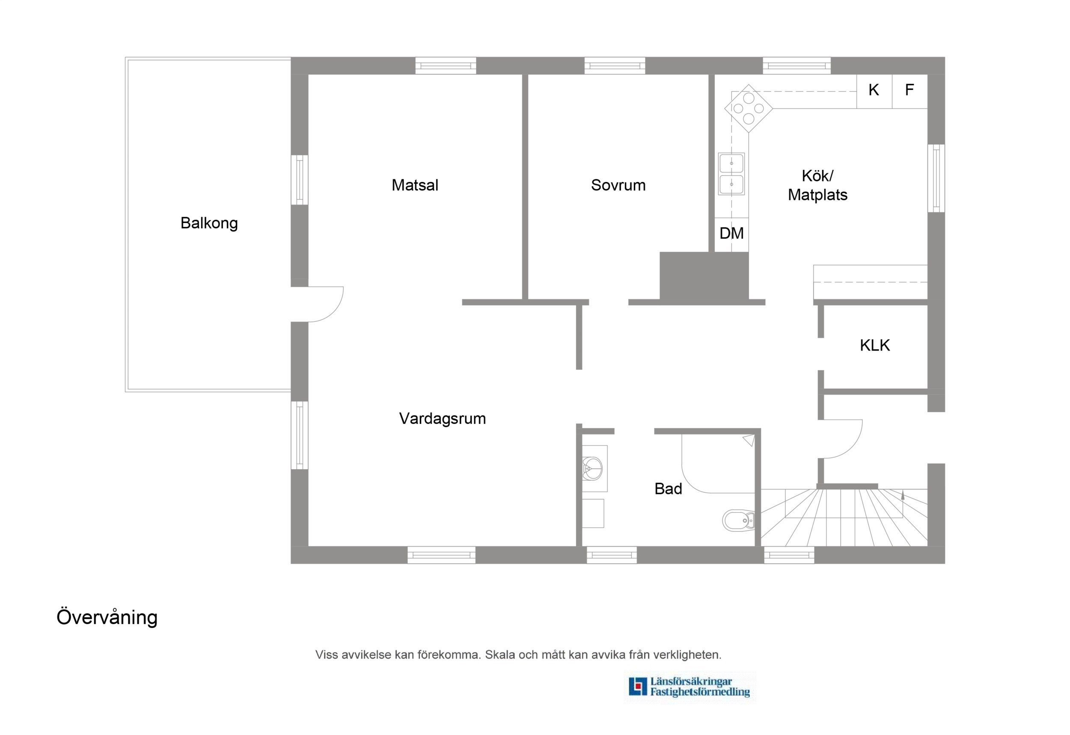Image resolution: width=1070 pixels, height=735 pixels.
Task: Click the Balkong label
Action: coord(209,223)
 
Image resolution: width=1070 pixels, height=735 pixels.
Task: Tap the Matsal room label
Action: coord(415,185)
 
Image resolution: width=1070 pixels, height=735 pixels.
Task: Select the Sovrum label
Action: coord(618,185)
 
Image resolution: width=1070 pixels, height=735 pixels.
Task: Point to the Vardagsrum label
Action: coord(443,419)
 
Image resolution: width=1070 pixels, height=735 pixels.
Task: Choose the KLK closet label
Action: coord(875,345)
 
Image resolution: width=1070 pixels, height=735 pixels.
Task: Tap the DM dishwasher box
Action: coord(731,235)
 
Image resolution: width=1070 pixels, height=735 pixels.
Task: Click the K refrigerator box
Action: coord(874,91)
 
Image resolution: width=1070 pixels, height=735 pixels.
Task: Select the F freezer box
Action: coord(910,91)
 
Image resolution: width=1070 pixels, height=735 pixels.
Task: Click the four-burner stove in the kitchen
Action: coord(749,109)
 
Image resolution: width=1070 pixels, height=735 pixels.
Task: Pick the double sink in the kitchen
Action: coord(731,174)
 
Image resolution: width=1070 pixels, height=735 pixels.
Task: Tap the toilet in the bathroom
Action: coord(738,521)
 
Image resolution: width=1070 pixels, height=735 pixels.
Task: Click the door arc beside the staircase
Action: coord(852,446)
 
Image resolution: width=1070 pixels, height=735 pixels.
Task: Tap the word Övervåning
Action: coord(107,617)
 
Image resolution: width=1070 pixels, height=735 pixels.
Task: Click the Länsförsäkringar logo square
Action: coord(638,686)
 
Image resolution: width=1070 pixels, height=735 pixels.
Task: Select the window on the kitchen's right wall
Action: coord(936,178)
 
